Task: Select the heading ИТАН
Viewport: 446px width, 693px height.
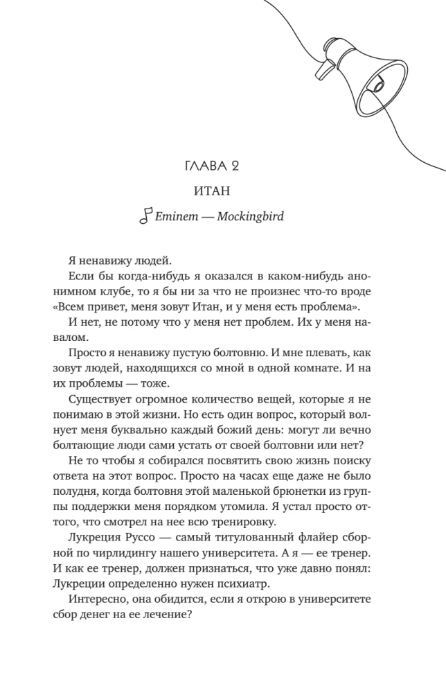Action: [x=223, y=191]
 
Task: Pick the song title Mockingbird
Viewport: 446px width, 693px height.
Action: [x=250, y=216]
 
